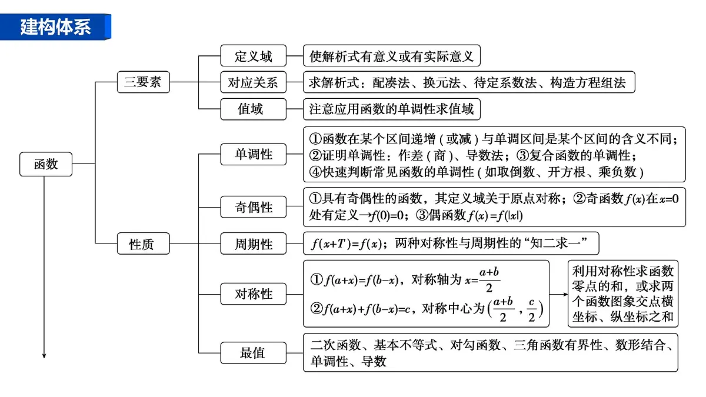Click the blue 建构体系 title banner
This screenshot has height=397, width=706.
[55, 27]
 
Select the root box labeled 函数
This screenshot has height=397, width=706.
[46, 164]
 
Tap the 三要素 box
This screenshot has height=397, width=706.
[143, 82]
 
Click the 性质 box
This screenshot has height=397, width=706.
[143, 243]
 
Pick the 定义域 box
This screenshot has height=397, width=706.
[254, 56]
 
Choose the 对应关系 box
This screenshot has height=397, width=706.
[254, 82]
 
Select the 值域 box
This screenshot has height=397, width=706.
[254, 109]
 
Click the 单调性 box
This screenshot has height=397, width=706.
[254, 154]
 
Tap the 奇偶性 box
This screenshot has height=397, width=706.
[254, 207]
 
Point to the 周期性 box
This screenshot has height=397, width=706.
[254, 243]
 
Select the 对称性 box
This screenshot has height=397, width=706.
[254, 294]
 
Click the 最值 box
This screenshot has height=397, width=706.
[254, 353]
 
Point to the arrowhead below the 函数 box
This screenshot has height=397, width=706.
[44, 356]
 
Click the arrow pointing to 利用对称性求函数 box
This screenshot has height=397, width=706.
[558, 294]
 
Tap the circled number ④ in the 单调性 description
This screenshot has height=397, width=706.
[315, 172]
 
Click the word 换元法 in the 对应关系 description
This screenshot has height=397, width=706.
[441, 82]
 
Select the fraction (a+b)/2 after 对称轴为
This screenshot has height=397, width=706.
[489, 280]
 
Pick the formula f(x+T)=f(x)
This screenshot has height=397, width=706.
[346, 243]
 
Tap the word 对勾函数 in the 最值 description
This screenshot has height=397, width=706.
[475, 345]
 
